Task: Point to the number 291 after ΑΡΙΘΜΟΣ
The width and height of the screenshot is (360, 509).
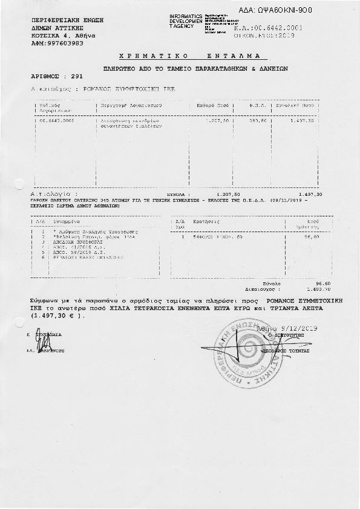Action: coord(76,77)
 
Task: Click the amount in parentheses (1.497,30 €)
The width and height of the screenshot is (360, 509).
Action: coord(58,316)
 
